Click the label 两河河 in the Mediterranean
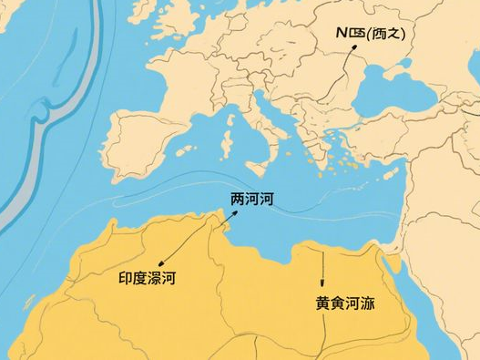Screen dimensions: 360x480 (252, 200)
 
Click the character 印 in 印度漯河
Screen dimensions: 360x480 (127, 278)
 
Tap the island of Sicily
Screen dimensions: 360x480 (260, 169)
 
